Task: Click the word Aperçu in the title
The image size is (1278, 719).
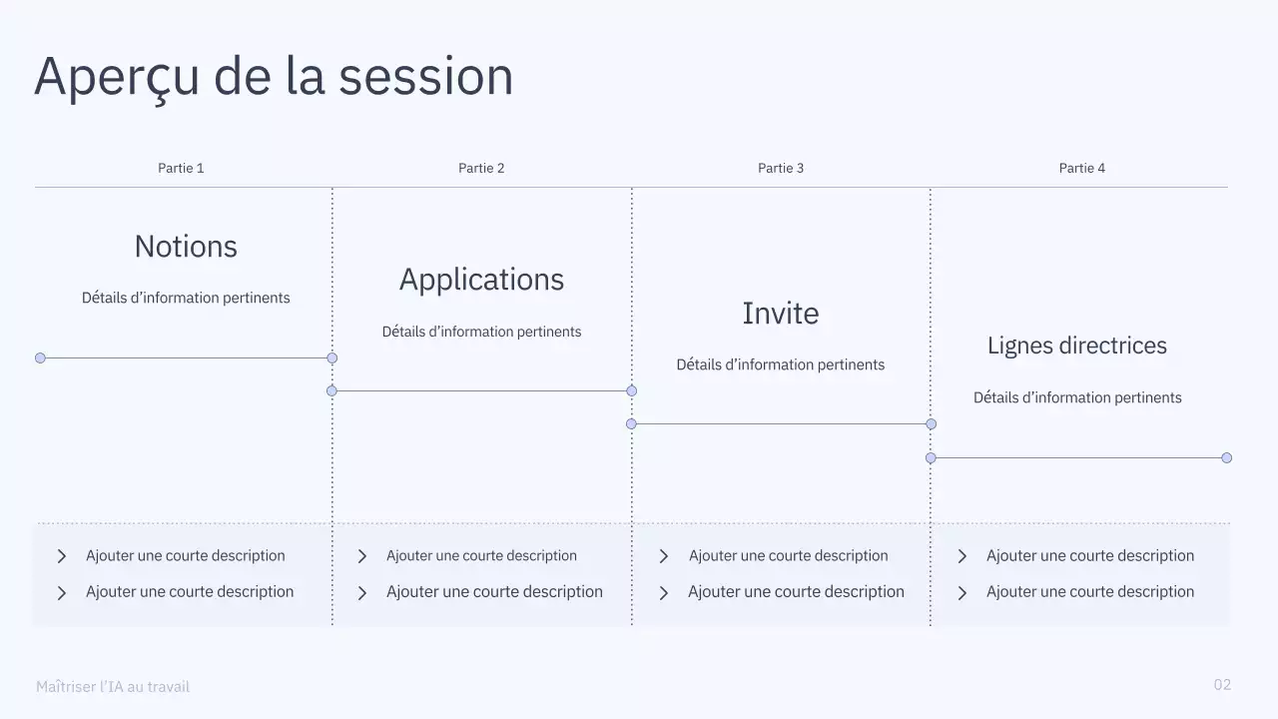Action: click(117, 78)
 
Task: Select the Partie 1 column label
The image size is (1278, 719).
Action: click(181, 168)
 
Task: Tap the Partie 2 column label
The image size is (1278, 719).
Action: click(481, 168)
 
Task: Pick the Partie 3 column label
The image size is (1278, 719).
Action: click(781, 168)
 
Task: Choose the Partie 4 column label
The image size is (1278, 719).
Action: click(1082, 168)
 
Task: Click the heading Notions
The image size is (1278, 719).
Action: click(186, 247)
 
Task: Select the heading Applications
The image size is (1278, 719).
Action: click(481, 280)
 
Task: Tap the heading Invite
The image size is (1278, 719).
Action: click(781, 314)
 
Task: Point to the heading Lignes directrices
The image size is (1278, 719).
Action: click(1077, 346)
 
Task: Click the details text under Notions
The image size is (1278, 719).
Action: click(186, 298)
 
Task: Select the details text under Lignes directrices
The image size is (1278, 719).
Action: click(1077, 397)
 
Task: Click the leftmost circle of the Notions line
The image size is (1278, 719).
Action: click(40, 358)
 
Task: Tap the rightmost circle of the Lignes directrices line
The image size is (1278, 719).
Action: click(1227, 457)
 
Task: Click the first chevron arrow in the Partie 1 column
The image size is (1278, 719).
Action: click(62, 556)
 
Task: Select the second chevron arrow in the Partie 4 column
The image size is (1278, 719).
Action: click(962, 593)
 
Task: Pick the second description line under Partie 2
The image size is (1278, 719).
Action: click(494, 592)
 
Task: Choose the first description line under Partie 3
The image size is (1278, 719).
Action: click(788, 556)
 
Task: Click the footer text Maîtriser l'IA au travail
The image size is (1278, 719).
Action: click(113, 687)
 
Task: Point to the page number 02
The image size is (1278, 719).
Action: click(1222, 684)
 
